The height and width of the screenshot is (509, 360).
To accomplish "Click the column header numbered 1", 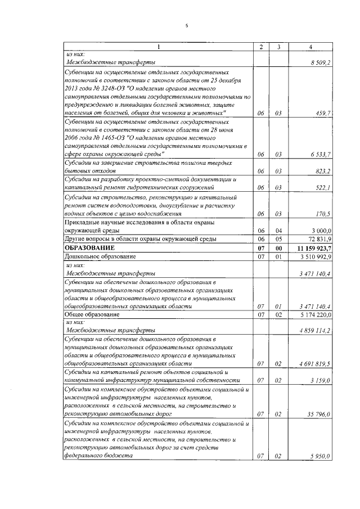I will (x=158, y=46).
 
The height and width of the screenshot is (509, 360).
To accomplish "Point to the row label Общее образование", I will (x=92, y=315).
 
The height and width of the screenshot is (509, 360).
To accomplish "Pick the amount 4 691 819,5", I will (x=315, y=364).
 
